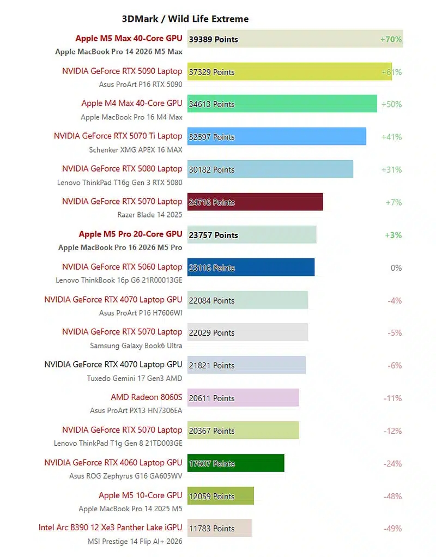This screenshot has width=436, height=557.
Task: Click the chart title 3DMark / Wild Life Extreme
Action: (185, 19)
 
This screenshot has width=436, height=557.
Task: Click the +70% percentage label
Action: (391, 39)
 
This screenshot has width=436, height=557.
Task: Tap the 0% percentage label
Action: (396, 268)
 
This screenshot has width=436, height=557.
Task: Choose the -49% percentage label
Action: (392, 529)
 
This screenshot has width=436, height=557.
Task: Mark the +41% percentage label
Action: (391, 137)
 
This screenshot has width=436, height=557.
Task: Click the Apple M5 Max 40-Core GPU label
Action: (129, 39)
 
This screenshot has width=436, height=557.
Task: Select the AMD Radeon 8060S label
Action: (147, 397)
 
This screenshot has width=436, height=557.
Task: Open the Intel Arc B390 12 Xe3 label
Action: (110, 528)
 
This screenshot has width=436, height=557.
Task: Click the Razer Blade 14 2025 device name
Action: (150, 215)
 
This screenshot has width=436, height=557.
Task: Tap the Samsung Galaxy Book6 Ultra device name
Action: (136, 346)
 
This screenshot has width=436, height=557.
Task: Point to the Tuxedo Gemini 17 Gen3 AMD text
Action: (135, 378)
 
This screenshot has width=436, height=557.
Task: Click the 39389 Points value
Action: (214, 39)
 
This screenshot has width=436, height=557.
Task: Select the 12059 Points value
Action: (212, 497)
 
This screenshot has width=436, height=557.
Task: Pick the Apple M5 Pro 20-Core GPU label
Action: (130, 234)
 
